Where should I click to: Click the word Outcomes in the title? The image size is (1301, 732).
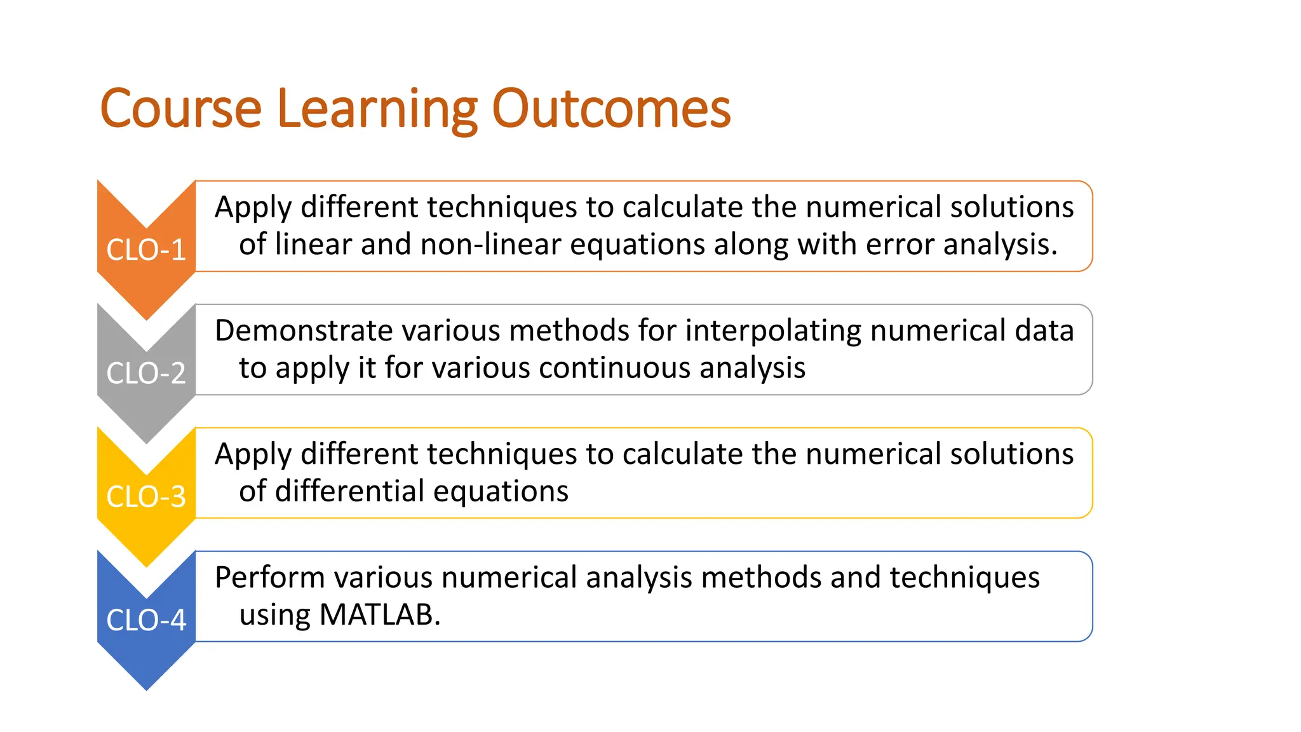click(611, 109)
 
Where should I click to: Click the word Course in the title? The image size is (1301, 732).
click(180, 109)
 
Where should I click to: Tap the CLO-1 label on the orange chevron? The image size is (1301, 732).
click(146, 250)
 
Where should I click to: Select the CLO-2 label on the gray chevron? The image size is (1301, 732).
click(146, 373)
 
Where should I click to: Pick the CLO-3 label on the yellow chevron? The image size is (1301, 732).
click(146, 496)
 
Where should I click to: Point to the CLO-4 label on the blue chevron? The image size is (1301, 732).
click(146, 620)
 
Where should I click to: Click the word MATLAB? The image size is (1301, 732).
click(379, 614)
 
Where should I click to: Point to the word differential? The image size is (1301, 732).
click(349, 491)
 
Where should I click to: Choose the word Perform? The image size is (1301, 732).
click(269, 578)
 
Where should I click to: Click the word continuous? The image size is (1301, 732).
click(614, 368)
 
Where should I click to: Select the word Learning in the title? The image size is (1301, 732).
click(377, 109)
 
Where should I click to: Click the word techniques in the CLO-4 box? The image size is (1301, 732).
click(964, 578)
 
